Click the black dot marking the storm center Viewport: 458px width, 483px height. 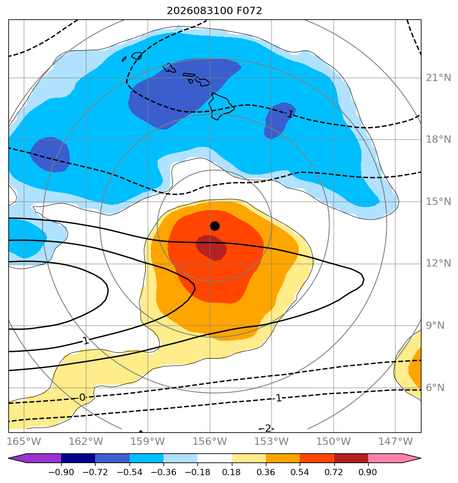click(x=215, y=226)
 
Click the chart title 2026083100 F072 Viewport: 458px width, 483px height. click(x=214, y=11)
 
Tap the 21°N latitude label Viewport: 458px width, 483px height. click(x=438, y=77)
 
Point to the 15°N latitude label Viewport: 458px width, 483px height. click(x=438, y=201)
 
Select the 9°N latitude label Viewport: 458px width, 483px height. click(x=435, y=325)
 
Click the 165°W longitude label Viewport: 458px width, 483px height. click(x=24, y=441)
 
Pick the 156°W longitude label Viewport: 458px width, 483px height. click(x=209, y=441)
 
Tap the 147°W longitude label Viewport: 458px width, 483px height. click(x=395, y=441)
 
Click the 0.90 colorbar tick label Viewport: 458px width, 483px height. click(x=368, y=472)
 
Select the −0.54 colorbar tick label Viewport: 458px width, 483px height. click(x=130, y=472)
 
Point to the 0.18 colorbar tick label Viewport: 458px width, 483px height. click(x=232, y=472)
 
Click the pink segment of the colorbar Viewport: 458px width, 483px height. click(x=385, y=458)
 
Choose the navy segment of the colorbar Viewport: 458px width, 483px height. click(x=78, y=458)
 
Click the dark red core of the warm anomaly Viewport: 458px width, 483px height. click(x=212, y=247)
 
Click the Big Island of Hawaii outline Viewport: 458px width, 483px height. click(x=220, y=106)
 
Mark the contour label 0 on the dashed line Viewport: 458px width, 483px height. click(x=82, y=397)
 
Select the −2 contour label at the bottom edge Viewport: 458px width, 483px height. click(x=266, y=428)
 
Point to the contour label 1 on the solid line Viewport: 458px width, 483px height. click(x=86, y=341)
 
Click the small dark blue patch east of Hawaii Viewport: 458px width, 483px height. click(x=279, y=120)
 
